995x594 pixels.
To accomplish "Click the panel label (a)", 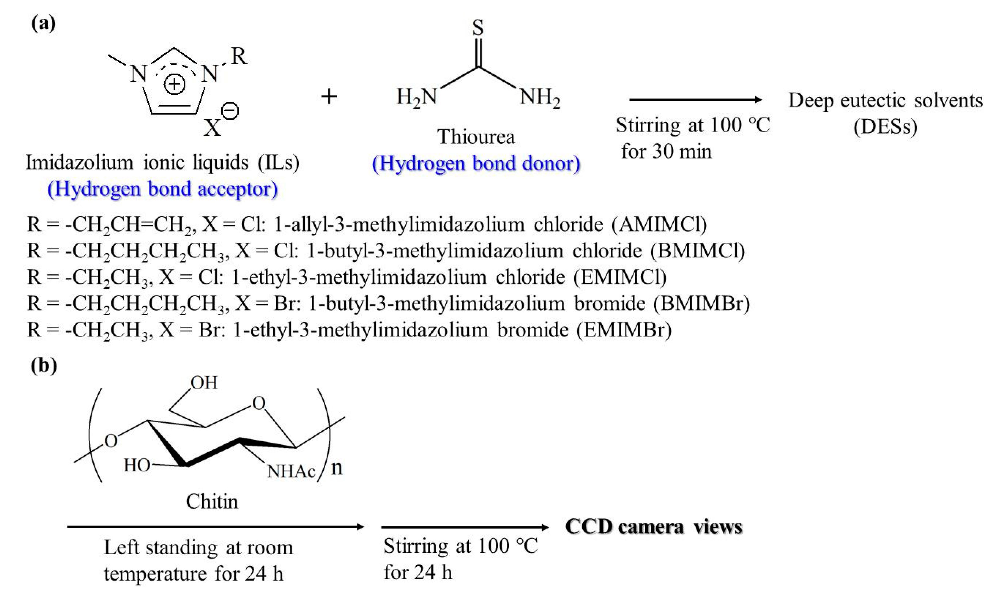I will (43, 24).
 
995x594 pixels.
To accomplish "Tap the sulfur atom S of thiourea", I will (478, 28).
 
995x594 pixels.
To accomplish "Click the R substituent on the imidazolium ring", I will (239, 57).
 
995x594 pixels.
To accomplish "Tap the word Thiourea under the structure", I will (476, 137).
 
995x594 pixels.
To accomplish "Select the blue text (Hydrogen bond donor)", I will (476, 163).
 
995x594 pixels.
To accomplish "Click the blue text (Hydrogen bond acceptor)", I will (162, 189).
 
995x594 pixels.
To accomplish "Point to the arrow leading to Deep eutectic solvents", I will (695, 100).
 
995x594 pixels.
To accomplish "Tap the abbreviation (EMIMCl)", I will (620, 277).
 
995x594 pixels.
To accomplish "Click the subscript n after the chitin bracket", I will (337, 468).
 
